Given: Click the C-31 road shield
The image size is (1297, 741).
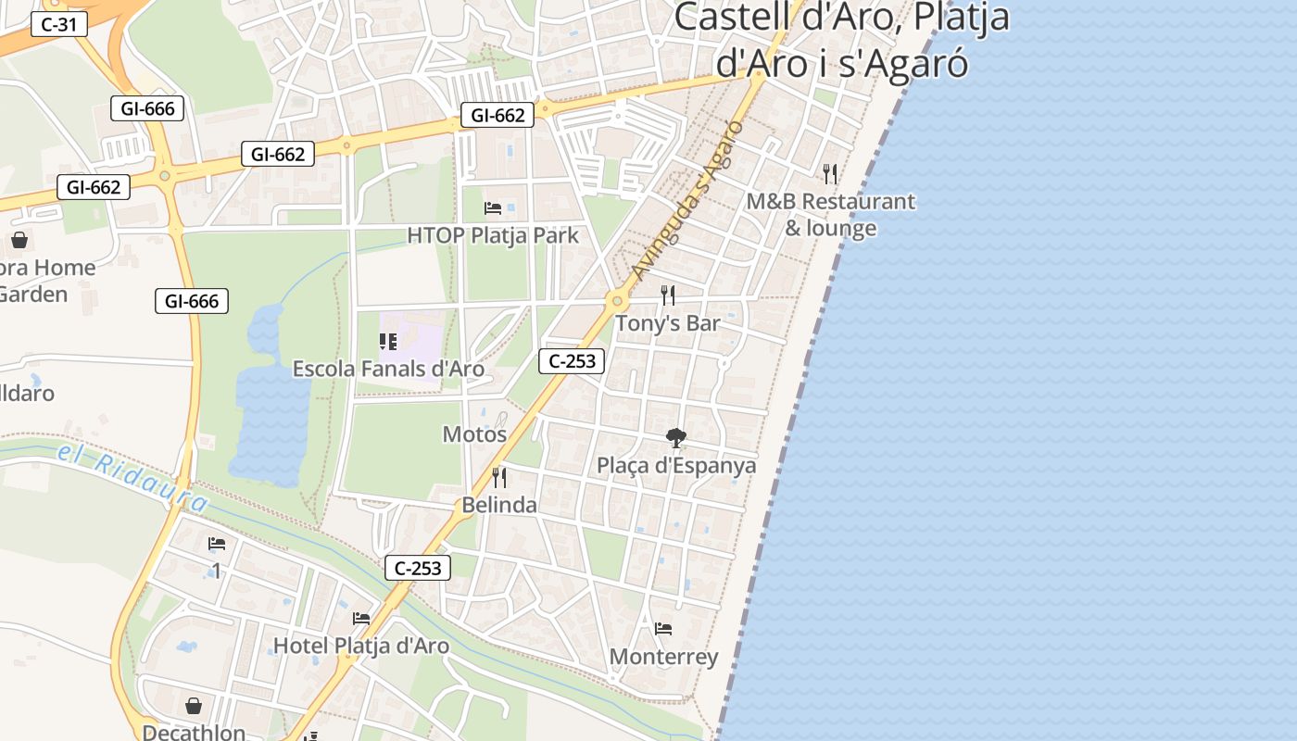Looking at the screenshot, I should click(59, 24).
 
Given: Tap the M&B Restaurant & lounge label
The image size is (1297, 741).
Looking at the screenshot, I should click(831, 214).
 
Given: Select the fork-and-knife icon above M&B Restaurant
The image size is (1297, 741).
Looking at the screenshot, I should click(830, 173).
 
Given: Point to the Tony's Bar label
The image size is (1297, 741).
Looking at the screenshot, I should click(667, 323).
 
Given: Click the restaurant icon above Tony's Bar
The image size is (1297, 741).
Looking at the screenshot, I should click(667, 295).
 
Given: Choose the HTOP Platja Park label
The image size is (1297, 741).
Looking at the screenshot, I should click(493, 235).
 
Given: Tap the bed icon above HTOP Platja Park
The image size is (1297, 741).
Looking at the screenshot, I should click(493, 207).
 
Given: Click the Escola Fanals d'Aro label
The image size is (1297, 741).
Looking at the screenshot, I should click(388, 369).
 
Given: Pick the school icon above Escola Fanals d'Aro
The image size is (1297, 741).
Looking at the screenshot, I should click(388, 342).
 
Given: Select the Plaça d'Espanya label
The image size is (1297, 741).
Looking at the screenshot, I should click(676, 465).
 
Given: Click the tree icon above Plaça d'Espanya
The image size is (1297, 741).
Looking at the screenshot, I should click(676, 437).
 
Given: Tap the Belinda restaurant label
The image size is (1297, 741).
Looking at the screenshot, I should click(499, 505).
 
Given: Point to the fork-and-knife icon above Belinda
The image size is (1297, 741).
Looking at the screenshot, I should click(499, 477).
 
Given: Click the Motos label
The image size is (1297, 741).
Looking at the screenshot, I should click(474, 433).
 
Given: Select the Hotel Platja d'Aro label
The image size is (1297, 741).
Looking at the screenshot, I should click(361, 646).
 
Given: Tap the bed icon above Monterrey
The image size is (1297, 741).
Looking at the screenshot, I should click(663, 629).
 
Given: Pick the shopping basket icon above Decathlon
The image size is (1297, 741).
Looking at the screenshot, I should click(194, 707).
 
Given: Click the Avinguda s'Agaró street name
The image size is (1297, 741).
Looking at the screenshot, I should click(686, 200).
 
